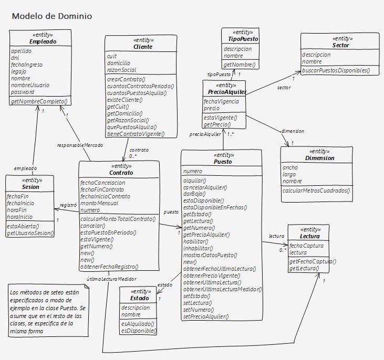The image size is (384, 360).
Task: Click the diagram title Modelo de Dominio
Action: [52, 16]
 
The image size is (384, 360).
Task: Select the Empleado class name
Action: [43, 41]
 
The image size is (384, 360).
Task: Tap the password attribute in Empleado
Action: [23, 92]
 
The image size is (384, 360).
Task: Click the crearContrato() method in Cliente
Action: [126, 79]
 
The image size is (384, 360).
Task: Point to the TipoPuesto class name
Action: [243, 39]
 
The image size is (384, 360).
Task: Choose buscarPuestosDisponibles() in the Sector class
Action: [336, 70]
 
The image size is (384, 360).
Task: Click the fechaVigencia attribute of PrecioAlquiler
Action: [221, 101]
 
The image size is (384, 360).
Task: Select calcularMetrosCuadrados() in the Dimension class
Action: [316, 190]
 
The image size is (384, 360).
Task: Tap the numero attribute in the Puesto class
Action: [193, 171]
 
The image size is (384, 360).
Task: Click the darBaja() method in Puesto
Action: [194, 194]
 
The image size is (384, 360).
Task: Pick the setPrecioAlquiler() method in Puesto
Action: [206, 316]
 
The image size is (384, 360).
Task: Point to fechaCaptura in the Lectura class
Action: [306, 246]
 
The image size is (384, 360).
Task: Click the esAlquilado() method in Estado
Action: [138, 324]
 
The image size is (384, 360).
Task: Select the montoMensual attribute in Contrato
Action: [99, 203]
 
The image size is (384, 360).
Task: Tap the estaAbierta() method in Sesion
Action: [23, 226]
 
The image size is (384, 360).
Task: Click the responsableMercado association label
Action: [80, 145]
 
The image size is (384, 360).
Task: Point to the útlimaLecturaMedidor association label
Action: [111, 279]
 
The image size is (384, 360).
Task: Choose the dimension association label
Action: [293, 131]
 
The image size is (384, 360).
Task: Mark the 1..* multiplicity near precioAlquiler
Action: [230, 134]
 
